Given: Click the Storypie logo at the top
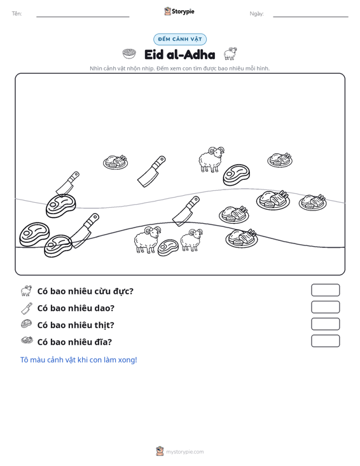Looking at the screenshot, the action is pos(179,11).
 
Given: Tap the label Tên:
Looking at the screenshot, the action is pos(17,14).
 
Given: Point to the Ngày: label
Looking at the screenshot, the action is pos(256,14).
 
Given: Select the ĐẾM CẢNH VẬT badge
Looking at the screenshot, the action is pos(180,39).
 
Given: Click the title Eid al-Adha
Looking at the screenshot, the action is pos(180,55).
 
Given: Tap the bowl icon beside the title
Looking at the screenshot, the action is pos(129,54).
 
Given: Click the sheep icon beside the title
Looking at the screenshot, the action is pos(230,53).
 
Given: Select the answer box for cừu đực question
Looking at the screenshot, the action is pos(325,290).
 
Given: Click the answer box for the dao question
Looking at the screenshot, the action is pos(325,307).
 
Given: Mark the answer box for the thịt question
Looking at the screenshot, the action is pos(325,324).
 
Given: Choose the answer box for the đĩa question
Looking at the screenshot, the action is pos(325,341).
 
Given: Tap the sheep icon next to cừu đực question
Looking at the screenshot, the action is pos(27,291).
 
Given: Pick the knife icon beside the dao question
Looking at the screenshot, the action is pos(27,308).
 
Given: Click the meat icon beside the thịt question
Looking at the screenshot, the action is pos(27,324).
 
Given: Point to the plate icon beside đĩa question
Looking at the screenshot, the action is pos(27,340).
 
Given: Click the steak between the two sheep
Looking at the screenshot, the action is pos(168,247).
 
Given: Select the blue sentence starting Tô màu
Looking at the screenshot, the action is pos(78,360).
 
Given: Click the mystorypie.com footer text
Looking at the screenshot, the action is pos(185,452).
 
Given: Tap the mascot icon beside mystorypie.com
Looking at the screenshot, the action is pos(160,451).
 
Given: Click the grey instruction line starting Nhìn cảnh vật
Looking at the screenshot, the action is pos(180,69).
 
